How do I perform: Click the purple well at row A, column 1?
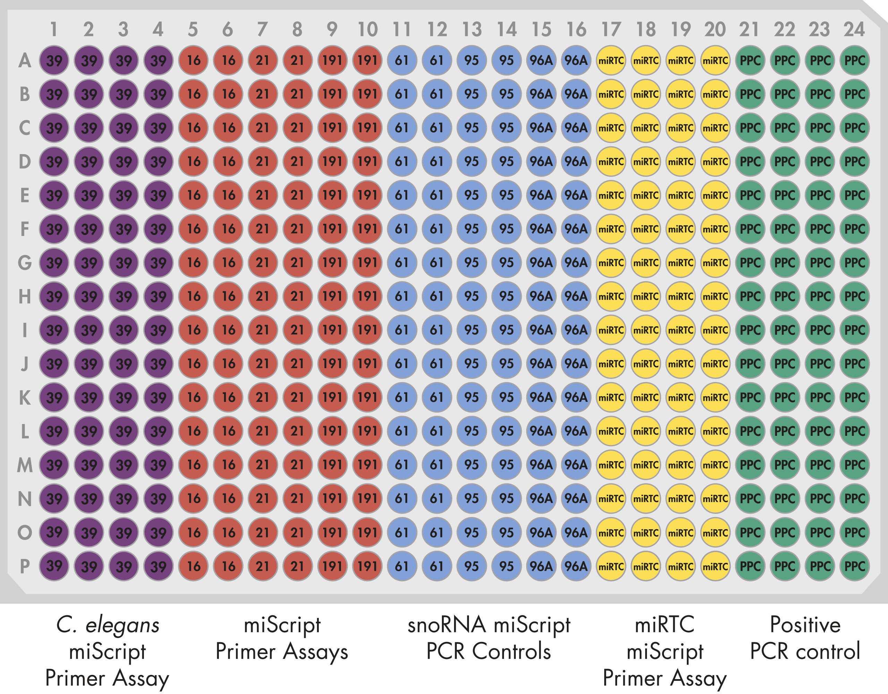[x=54, y=61]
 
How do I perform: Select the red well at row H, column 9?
[x=332, y=296]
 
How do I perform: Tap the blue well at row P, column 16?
[x=576, y=566]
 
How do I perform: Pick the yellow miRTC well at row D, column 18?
[x=646, y=161]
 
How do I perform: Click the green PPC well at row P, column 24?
[x=854, y=566]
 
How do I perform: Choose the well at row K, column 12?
[x=437, y=397]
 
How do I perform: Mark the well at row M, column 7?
[x=263, y=465]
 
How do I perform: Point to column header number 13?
[x=472, y=29]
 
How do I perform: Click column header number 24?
[x=854, y=29]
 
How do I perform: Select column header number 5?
[x=193, y=29]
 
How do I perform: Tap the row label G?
[x=25, y=262]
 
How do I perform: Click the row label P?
[x=25, y=566]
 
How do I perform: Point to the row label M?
[x=25, y=465]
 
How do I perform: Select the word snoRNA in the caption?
[x=446, y=625]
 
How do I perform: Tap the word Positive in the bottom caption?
[x=805, y=625]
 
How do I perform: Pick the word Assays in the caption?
[x=316, y=652]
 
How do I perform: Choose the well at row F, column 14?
[x=506, y=229]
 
